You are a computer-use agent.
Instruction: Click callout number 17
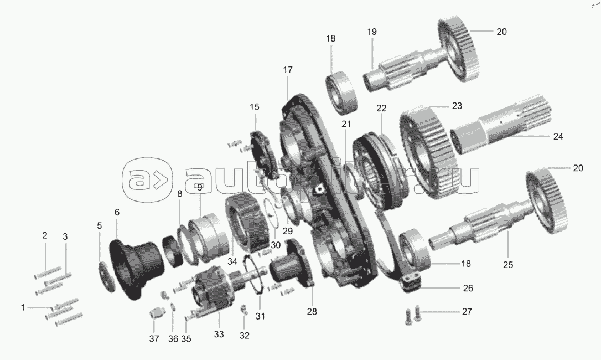coord(288,70)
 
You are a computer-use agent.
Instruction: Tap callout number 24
coord(558,136)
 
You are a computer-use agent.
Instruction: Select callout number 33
coord(219,335)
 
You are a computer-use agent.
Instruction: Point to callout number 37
coord(154,339)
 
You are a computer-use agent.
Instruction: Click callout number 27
coord(467,311)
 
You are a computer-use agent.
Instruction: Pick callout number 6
coord(117,212)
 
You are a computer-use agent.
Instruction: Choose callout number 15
coord(255,107)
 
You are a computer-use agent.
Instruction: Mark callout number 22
coord(381,108)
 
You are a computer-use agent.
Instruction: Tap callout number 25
coord(508,265)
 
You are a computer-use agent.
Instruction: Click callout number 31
coord(260,316)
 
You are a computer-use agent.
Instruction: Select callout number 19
coord(372,32)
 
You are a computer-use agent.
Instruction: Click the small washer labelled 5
coord(107,276)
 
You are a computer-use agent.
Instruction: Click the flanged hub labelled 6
coord(136,269)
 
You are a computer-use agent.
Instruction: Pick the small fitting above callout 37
coord(156,313)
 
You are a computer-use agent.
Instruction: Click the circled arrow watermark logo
coord(147,179)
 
